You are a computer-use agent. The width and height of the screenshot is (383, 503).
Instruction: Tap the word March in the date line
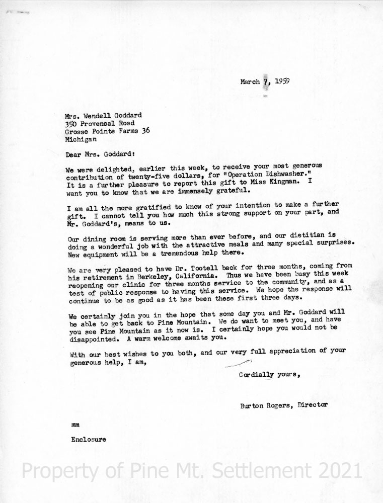(250, 81)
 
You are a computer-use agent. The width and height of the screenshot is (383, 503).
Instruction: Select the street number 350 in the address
(71, 122)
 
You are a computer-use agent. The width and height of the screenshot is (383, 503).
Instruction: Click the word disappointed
(90, 338)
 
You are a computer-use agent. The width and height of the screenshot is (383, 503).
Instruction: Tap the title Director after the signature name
(313, 405)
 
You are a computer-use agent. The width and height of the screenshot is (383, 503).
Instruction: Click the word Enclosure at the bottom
(89, 439)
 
